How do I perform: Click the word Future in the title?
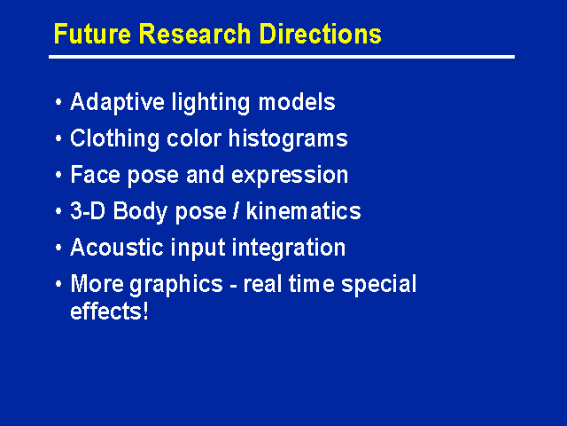click(x=92, y=34)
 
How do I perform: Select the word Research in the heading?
click(x=195, y=34)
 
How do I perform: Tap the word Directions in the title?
click(x=320, y=34)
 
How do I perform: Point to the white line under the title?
click(x=282, y=57)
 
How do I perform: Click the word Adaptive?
click(x=117, y=103)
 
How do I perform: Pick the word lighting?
click(x=211, y=103)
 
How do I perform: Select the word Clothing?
click(x=114, y=138)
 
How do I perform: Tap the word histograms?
click(x=288, y=138)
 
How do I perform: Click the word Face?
click(x=95, y=175)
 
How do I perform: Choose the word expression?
click(x=290, y=176)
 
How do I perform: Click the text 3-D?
click(x=88, y=211)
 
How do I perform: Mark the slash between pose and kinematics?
click(x=236, y=211)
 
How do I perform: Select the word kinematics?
click(x=303, y=211)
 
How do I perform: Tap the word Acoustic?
click(x=117, y=248)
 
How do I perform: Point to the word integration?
click(x=288, y=248)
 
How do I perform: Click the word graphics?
click(x=176, y=284)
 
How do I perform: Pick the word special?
click(x=379, y=284)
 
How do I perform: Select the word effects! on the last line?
click(x=109, y=311)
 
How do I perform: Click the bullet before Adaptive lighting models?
click(x=58, y=102)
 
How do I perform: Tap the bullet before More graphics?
click(x=58, y=284)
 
